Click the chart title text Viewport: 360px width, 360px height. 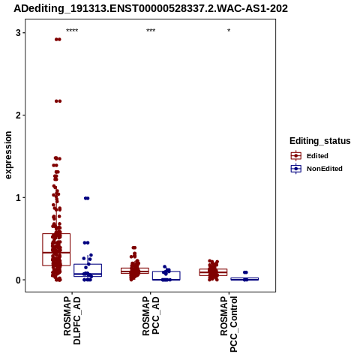click(151, 8)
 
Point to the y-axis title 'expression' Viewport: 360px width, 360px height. click(8, 155)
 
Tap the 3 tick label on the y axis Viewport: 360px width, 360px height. click(18, 33)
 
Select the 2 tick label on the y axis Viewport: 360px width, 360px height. click(18, 115)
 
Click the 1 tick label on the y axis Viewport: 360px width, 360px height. click(18, 198)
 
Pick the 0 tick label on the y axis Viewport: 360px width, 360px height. click(18, 280)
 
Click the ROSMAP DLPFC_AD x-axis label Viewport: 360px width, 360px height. click(72, 320)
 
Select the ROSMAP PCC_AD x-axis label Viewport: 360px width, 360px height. click(151, 316)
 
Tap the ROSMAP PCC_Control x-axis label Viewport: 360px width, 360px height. click(229, 324)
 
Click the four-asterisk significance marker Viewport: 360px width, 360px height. click(72, 31)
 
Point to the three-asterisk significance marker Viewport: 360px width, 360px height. click(151, 31)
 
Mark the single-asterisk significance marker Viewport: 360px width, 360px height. click(229, 31)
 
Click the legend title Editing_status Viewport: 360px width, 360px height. click(319, 141)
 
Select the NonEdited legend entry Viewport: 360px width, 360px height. click(316, 169)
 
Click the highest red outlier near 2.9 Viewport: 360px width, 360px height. click(58, 39)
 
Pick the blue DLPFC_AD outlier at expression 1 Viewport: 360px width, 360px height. click(86, 198)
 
